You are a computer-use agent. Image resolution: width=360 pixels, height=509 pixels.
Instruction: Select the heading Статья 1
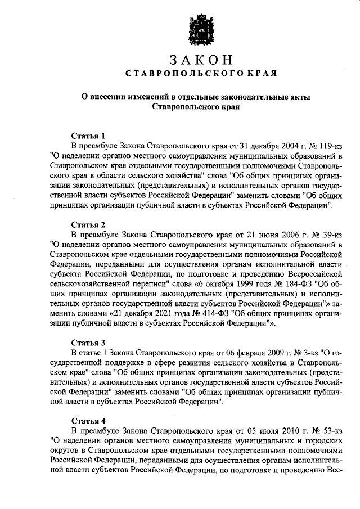pyautogui.click(x=88, y=136)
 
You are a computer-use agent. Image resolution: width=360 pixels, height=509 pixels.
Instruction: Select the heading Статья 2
pyautogui.click(x=88, y=224)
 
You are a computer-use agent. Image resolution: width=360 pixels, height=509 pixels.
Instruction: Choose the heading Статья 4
pyautogui.click(x=88, y=420)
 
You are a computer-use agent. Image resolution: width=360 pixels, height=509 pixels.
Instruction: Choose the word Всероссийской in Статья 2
pyautogui.click(x=311, y=273)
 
